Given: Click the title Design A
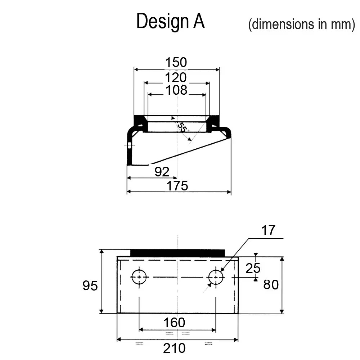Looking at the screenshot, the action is point(170,21).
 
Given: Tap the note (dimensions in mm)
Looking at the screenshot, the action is point(301,24).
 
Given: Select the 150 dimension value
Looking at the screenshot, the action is point(176,62).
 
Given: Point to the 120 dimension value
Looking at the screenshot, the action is point(176,77).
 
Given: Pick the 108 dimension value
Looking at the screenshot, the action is point(176,90).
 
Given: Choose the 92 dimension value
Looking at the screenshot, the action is point(162,172).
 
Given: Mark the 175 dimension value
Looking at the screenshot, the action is point(177,186).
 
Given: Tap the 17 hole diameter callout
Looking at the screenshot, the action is point(268,230).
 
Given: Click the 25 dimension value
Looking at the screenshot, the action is point(253,268).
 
